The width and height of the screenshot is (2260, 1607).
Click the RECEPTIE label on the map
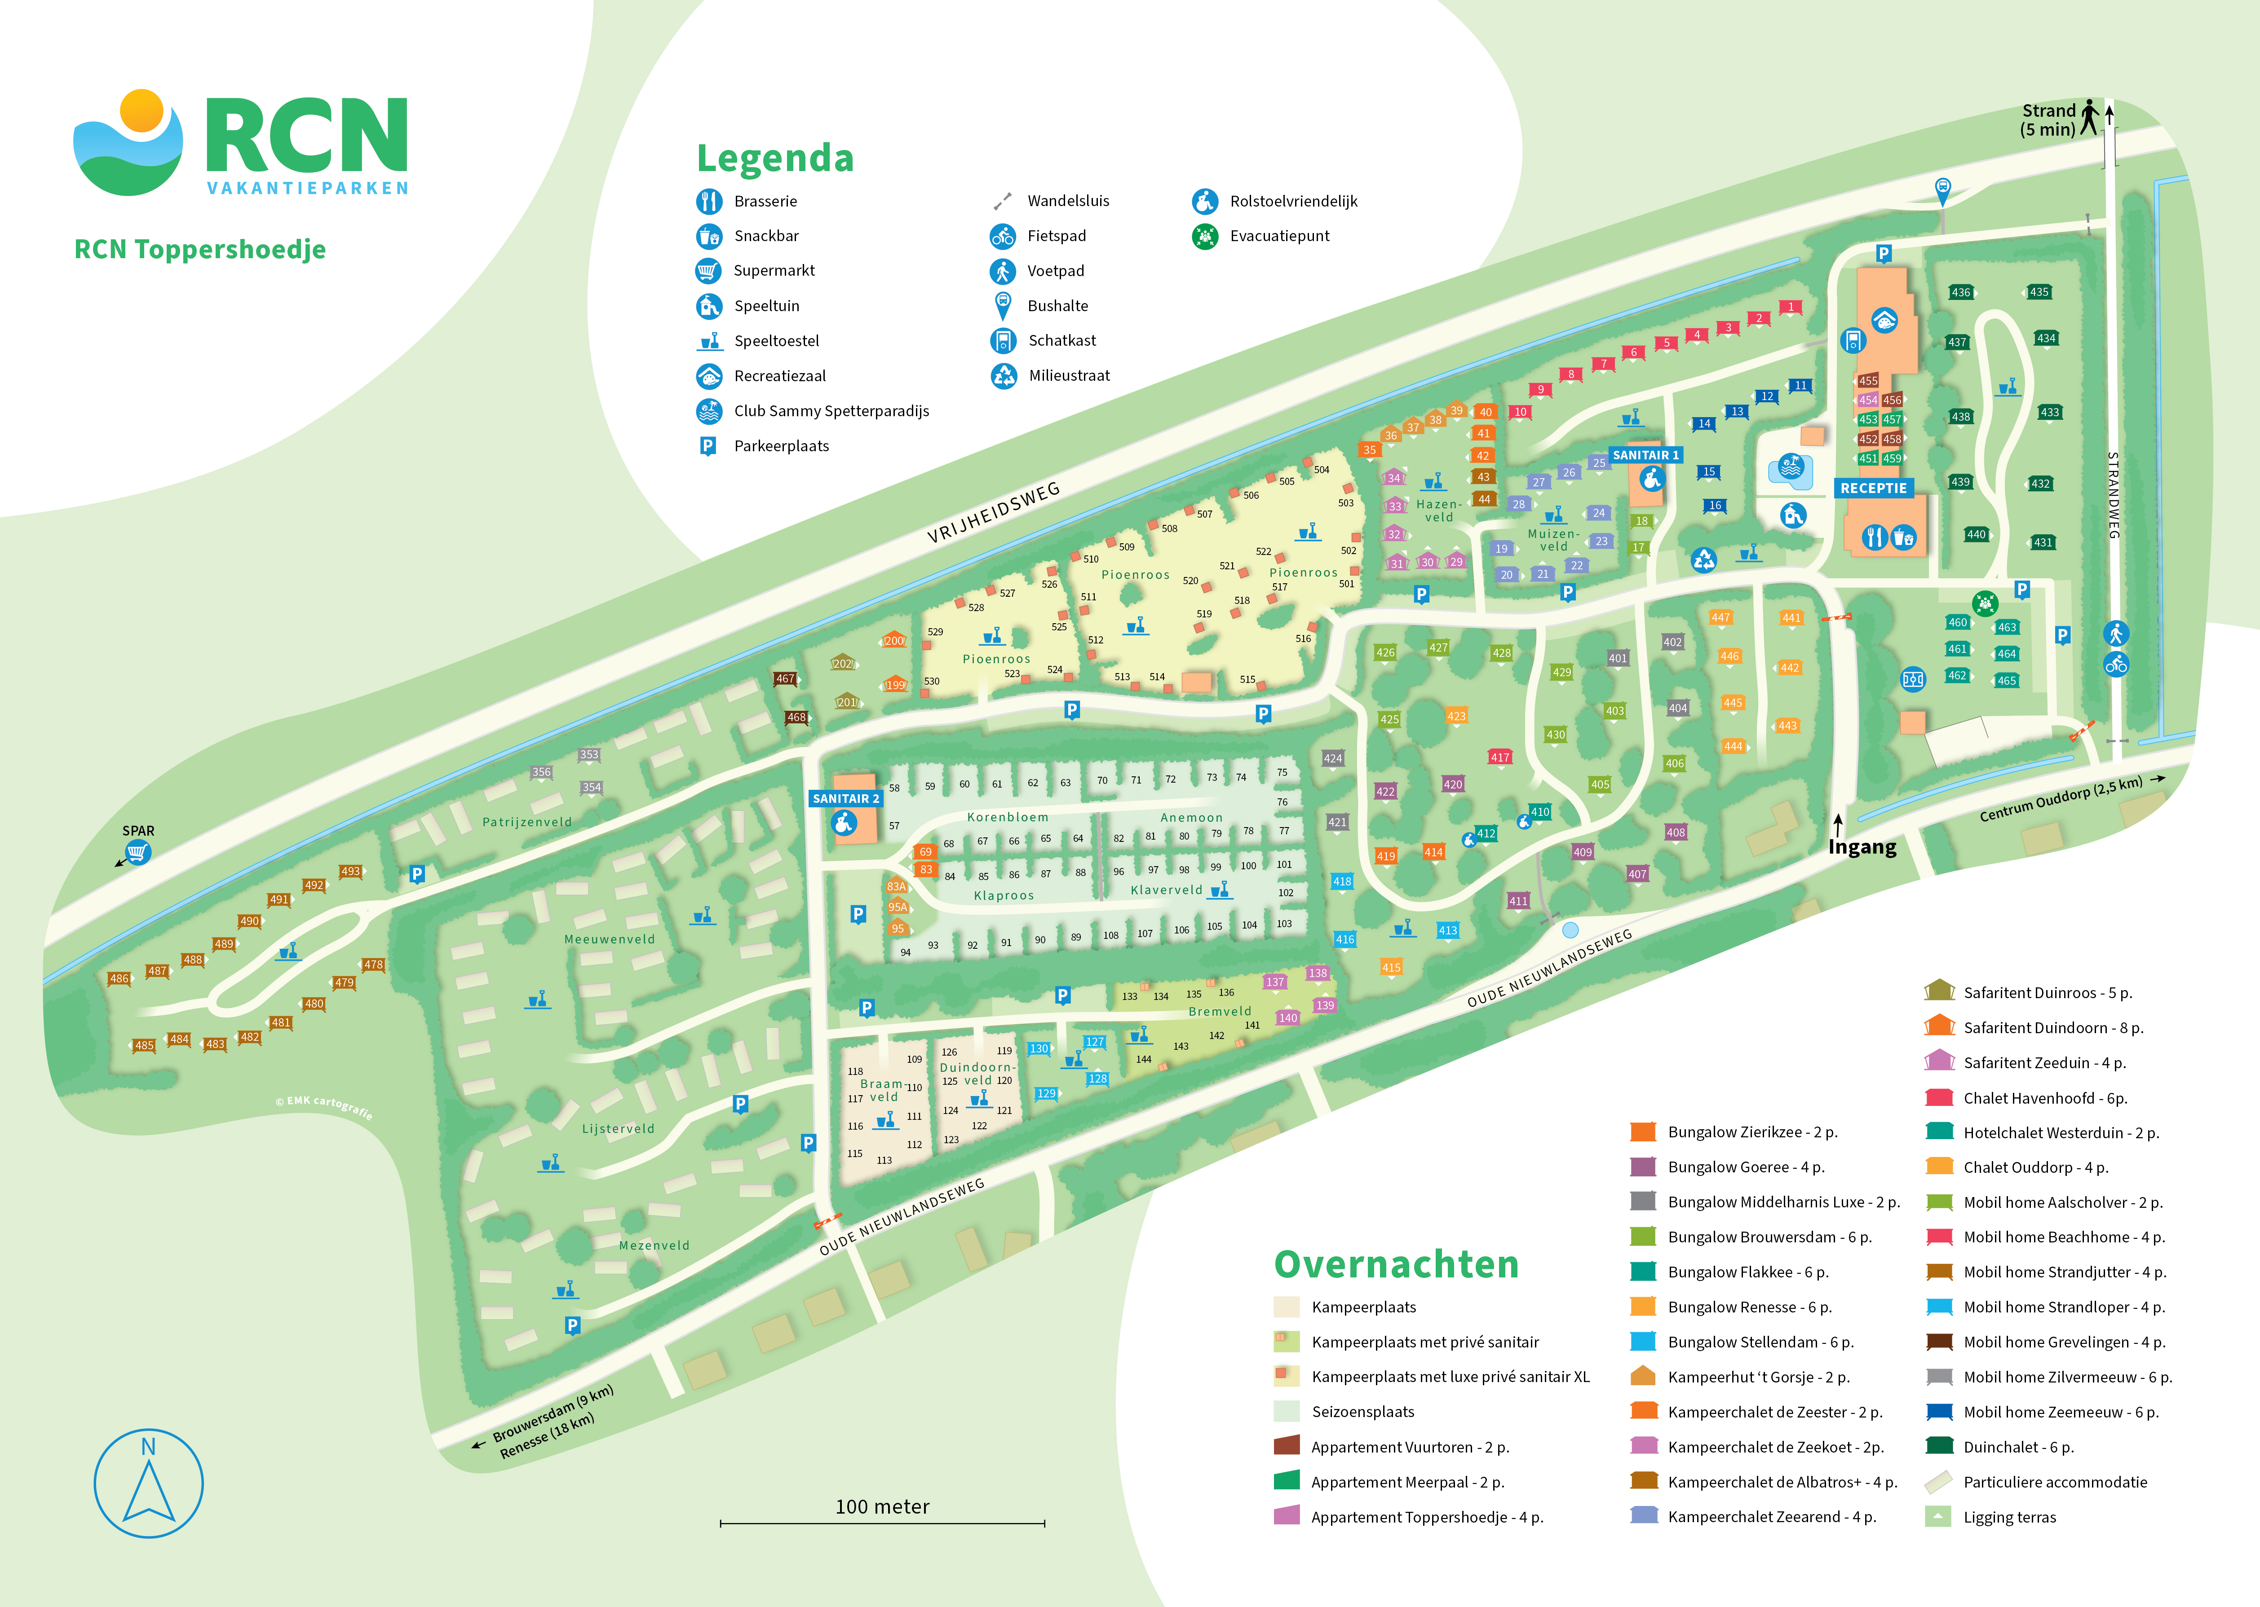tap(1873, 488)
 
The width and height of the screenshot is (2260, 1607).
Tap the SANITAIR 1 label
tap(1645, 455)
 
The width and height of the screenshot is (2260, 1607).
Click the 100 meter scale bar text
tap(882, 1506)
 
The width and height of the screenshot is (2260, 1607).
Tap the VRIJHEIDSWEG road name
tap(993, 513)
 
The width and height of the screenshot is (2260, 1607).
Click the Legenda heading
tap(775, 158)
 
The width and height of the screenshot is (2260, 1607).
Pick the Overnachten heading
tap(1396, 1264)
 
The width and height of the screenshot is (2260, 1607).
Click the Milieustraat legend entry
tap(1069, 376)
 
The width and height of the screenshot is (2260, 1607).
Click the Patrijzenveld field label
tap(526, 822)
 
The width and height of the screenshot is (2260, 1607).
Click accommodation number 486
tap(119, 979)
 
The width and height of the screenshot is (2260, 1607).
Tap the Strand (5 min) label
tap(2048, 120)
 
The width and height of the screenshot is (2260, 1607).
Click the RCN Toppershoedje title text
tap(200, 249)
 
